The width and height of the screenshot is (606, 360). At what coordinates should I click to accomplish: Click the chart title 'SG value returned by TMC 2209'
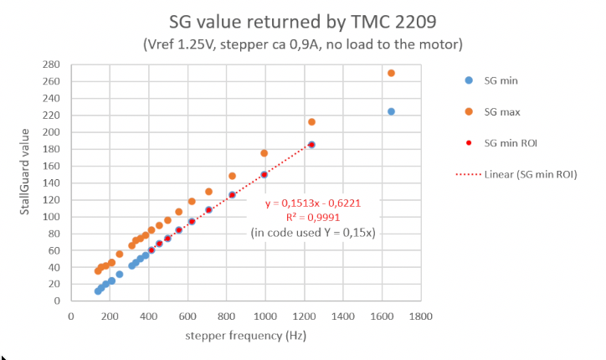click(303, 20)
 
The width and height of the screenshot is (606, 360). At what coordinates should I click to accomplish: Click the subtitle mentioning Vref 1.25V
click(303, 42)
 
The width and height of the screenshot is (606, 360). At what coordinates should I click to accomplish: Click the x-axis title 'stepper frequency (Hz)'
click(246, 337)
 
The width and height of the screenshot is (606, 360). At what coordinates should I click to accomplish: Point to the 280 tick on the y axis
click(52, 64)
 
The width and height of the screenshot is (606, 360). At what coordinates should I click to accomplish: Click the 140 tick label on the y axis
click(52, 183)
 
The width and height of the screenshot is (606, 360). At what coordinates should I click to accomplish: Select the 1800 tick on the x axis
click(420, 316)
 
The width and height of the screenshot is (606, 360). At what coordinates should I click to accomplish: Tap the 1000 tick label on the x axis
click(264, 316)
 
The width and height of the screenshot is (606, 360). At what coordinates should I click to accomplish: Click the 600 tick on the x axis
click(188, 316)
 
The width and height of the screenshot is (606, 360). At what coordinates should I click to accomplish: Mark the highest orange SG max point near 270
click(391, 73)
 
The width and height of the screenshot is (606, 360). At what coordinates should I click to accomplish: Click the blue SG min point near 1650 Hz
click(391, 111)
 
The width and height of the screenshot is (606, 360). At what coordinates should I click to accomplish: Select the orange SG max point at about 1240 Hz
click(311, 122)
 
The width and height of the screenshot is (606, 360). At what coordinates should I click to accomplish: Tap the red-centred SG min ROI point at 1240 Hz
click(311, 144)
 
